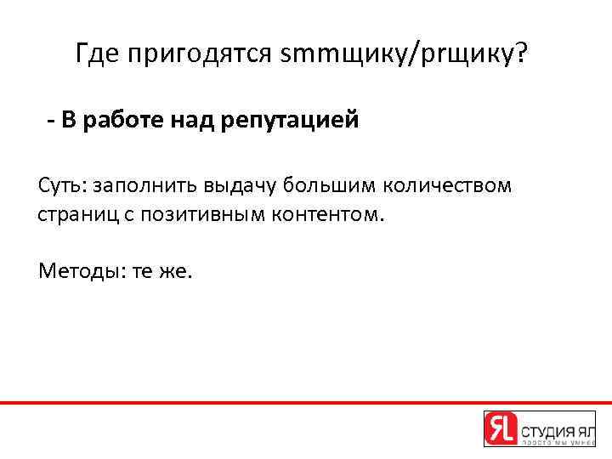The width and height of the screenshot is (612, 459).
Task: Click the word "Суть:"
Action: tap(63, 185)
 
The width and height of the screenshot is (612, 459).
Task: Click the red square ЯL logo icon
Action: tap(500, 428)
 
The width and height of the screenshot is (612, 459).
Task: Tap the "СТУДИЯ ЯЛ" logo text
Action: tap(558, 424)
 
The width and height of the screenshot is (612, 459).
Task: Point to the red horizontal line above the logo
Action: tap(306, 402)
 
